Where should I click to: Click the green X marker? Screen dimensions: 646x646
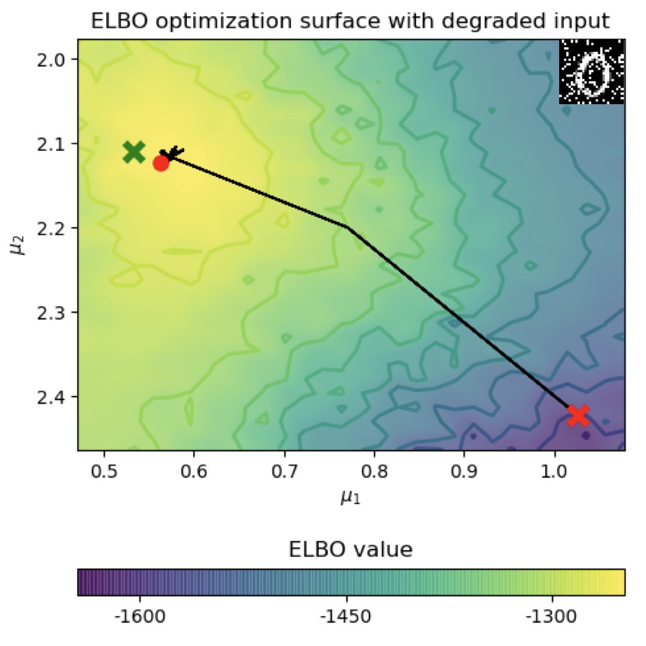point(134,151)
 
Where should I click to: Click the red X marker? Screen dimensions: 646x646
point(578,415)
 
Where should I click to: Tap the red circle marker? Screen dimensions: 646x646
point(161,163)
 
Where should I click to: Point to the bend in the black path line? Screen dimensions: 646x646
point(347,228)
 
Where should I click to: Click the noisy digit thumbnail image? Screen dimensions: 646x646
point(592,72)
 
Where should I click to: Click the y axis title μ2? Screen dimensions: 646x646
point(19,245)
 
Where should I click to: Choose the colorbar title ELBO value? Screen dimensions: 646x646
point(351,551)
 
